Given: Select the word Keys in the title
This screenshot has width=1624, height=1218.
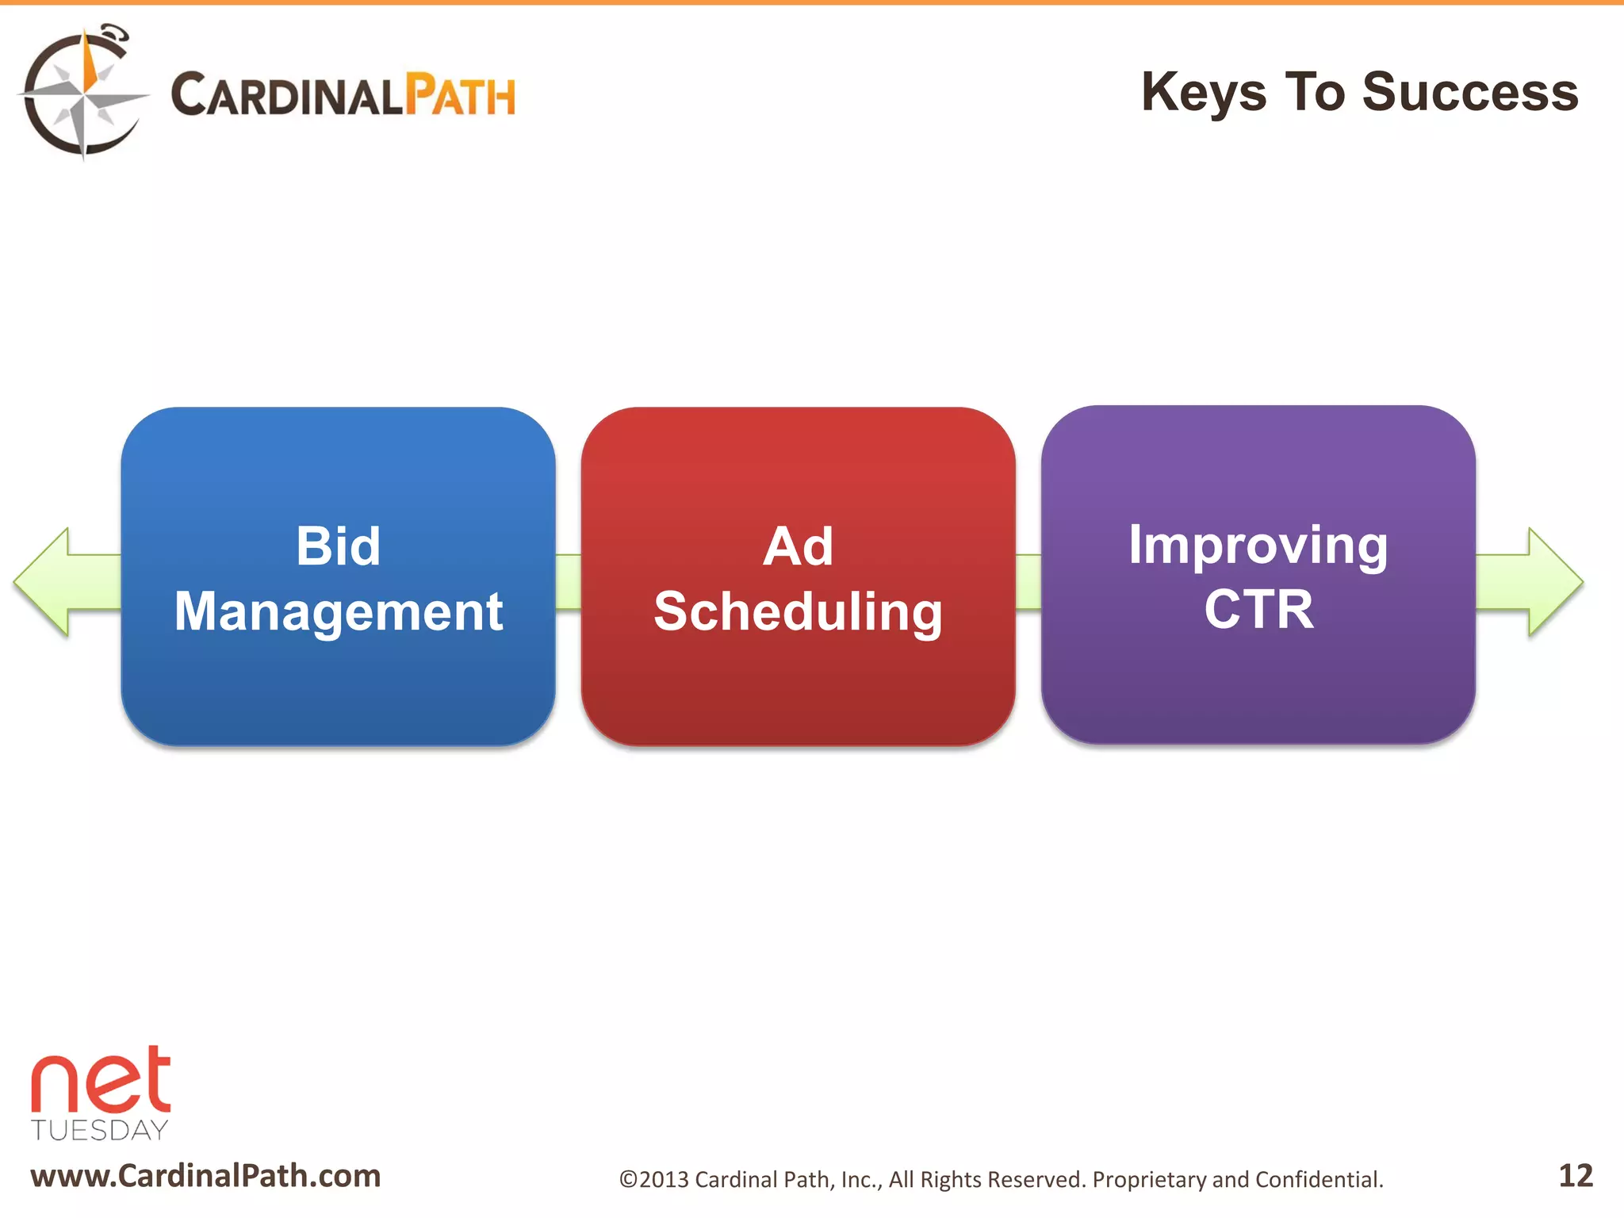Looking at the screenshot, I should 1203,94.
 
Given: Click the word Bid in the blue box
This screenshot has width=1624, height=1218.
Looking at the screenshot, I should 338,546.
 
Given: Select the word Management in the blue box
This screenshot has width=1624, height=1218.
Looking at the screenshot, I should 338,612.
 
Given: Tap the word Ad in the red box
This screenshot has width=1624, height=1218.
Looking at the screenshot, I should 798,546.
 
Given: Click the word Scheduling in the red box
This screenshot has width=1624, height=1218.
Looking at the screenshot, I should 798,612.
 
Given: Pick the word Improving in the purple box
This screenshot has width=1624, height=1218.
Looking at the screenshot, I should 1258,545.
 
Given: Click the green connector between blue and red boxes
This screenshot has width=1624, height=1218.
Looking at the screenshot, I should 568,582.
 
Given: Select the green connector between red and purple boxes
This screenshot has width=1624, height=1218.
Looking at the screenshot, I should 1028,582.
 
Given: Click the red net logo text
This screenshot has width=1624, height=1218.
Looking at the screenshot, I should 101,1081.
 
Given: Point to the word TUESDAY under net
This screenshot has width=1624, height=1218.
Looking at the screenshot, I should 100,1130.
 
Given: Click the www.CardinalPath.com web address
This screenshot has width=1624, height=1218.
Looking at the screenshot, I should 205,1176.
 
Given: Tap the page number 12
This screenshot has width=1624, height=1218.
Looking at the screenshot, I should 1575,1176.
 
